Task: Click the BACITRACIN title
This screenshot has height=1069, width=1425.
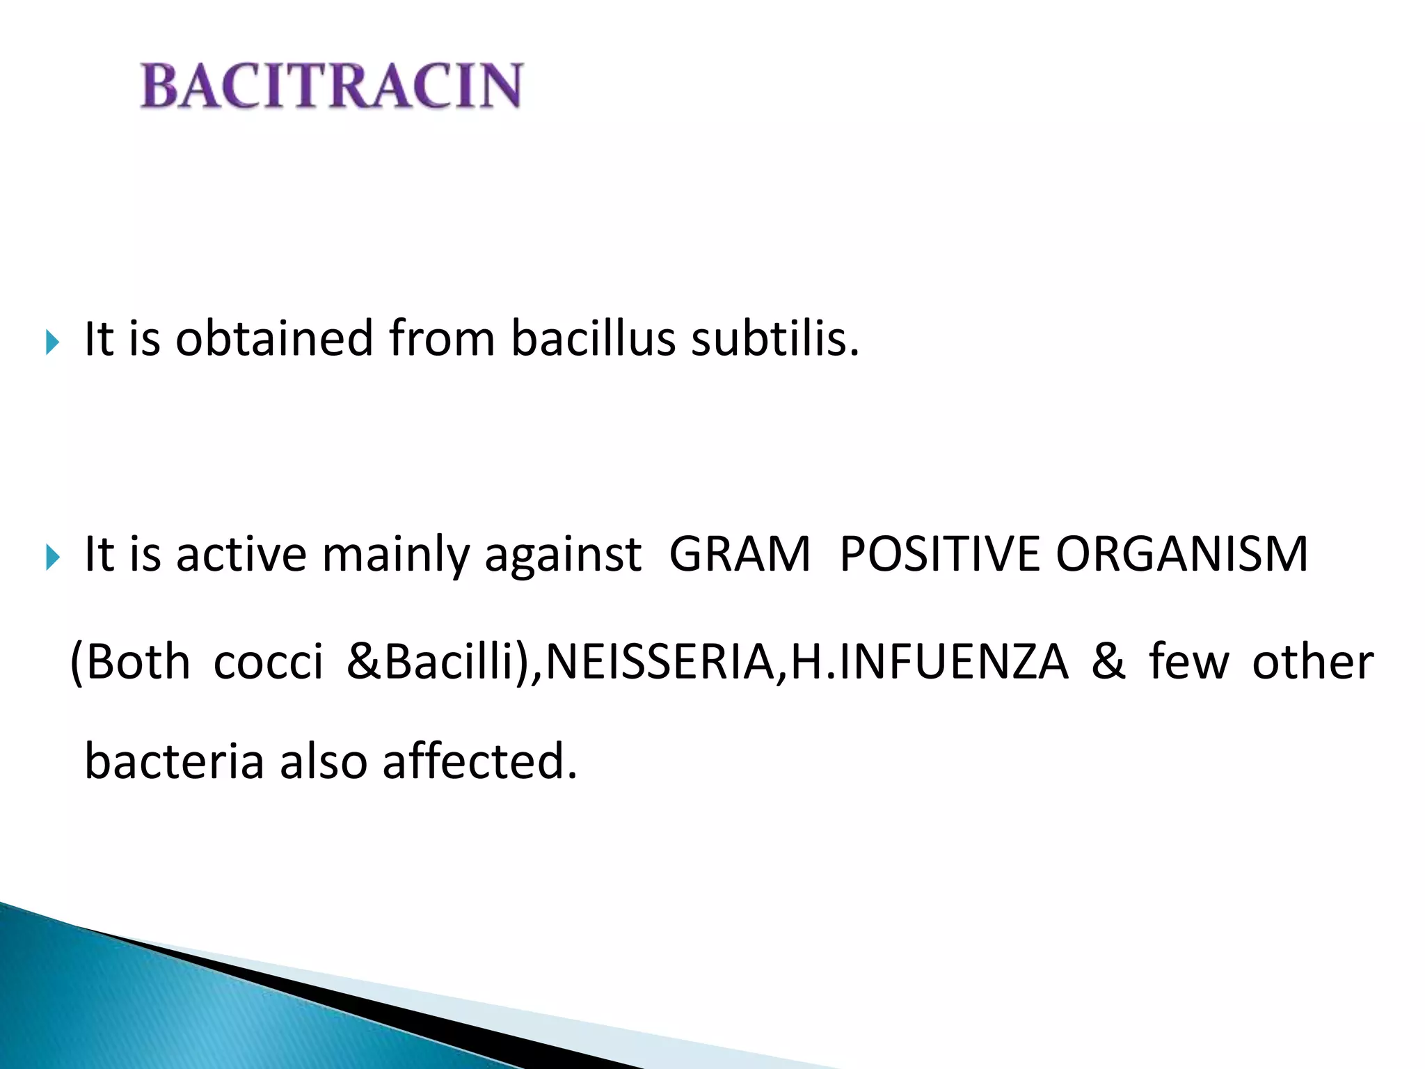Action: (331, 86)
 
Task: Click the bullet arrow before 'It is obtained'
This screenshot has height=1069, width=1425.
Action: (52, 342)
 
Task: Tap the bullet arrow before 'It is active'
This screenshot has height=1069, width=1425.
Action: (52, 557)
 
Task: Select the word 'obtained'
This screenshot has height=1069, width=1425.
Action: (274, 339)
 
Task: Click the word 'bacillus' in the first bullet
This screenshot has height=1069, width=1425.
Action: (593, 339)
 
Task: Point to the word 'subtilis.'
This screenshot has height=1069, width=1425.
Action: (775, 339)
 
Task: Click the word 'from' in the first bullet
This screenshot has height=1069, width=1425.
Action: (442, 339)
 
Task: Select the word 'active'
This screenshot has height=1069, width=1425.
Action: (241, 555)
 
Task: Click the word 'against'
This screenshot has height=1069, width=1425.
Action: (562, 555)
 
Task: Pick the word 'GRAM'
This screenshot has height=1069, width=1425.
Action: (740, 555)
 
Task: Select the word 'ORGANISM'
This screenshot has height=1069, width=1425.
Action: (1181, 555)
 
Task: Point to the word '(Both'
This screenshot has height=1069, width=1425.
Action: (130, 662)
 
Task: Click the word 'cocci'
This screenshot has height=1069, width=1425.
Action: (268, 662)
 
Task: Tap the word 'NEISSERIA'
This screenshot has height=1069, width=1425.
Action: (660, 662)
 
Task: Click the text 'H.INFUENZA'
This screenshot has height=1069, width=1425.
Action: (930, 662)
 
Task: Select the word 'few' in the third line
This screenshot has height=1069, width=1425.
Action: (1188, 662)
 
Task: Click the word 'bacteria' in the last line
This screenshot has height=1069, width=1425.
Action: (174, 761)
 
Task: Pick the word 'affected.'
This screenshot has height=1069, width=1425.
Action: (480, 761)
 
